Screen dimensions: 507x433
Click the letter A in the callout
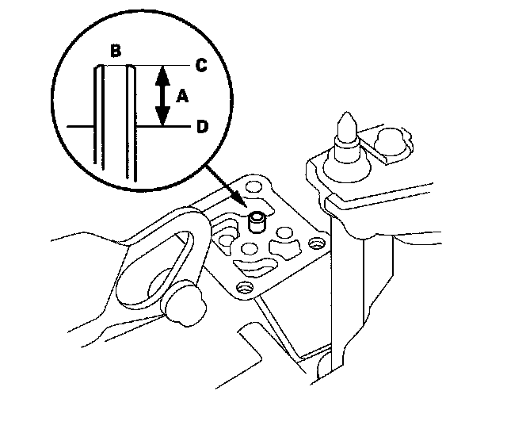[181, 96]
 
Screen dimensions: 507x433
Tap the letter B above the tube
[116, 52]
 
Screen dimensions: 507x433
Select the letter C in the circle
[201, 66]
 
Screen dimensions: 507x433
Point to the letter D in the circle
[202, 127]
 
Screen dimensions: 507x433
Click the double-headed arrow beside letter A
[162, 96]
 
